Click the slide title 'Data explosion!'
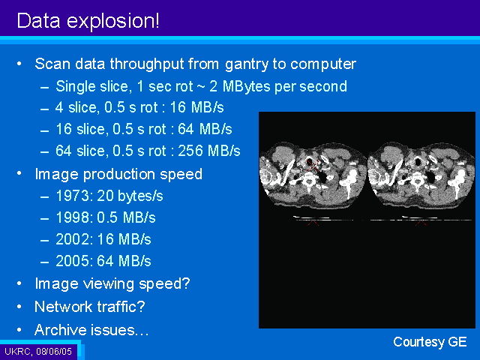(x=88, y=20)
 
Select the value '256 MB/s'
(x=209, y=151)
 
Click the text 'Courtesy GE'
(x=430, y=342)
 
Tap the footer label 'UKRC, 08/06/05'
(x=38, y=351)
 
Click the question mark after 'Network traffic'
(x=141, y=307)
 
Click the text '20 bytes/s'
(x=130, y=196)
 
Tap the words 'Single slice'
(x=94, y=87)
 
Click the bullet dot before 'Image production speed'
(x=19, y=173)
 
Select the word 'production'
(x=119, y=175)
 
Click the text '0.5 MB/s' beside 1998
(x=127, y=217)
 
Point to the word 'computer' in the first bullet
(x=323, y=64)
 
